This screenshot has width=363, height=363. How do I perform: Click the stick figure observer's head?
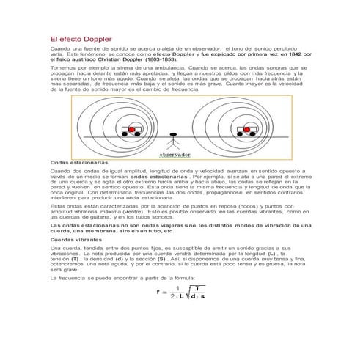tap(174, 135)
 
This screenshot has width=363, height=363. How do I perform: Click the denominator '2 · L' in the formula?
tap(177, 298)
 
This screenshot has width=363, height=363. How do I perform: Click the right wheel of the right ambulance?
tap(254, 134)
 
